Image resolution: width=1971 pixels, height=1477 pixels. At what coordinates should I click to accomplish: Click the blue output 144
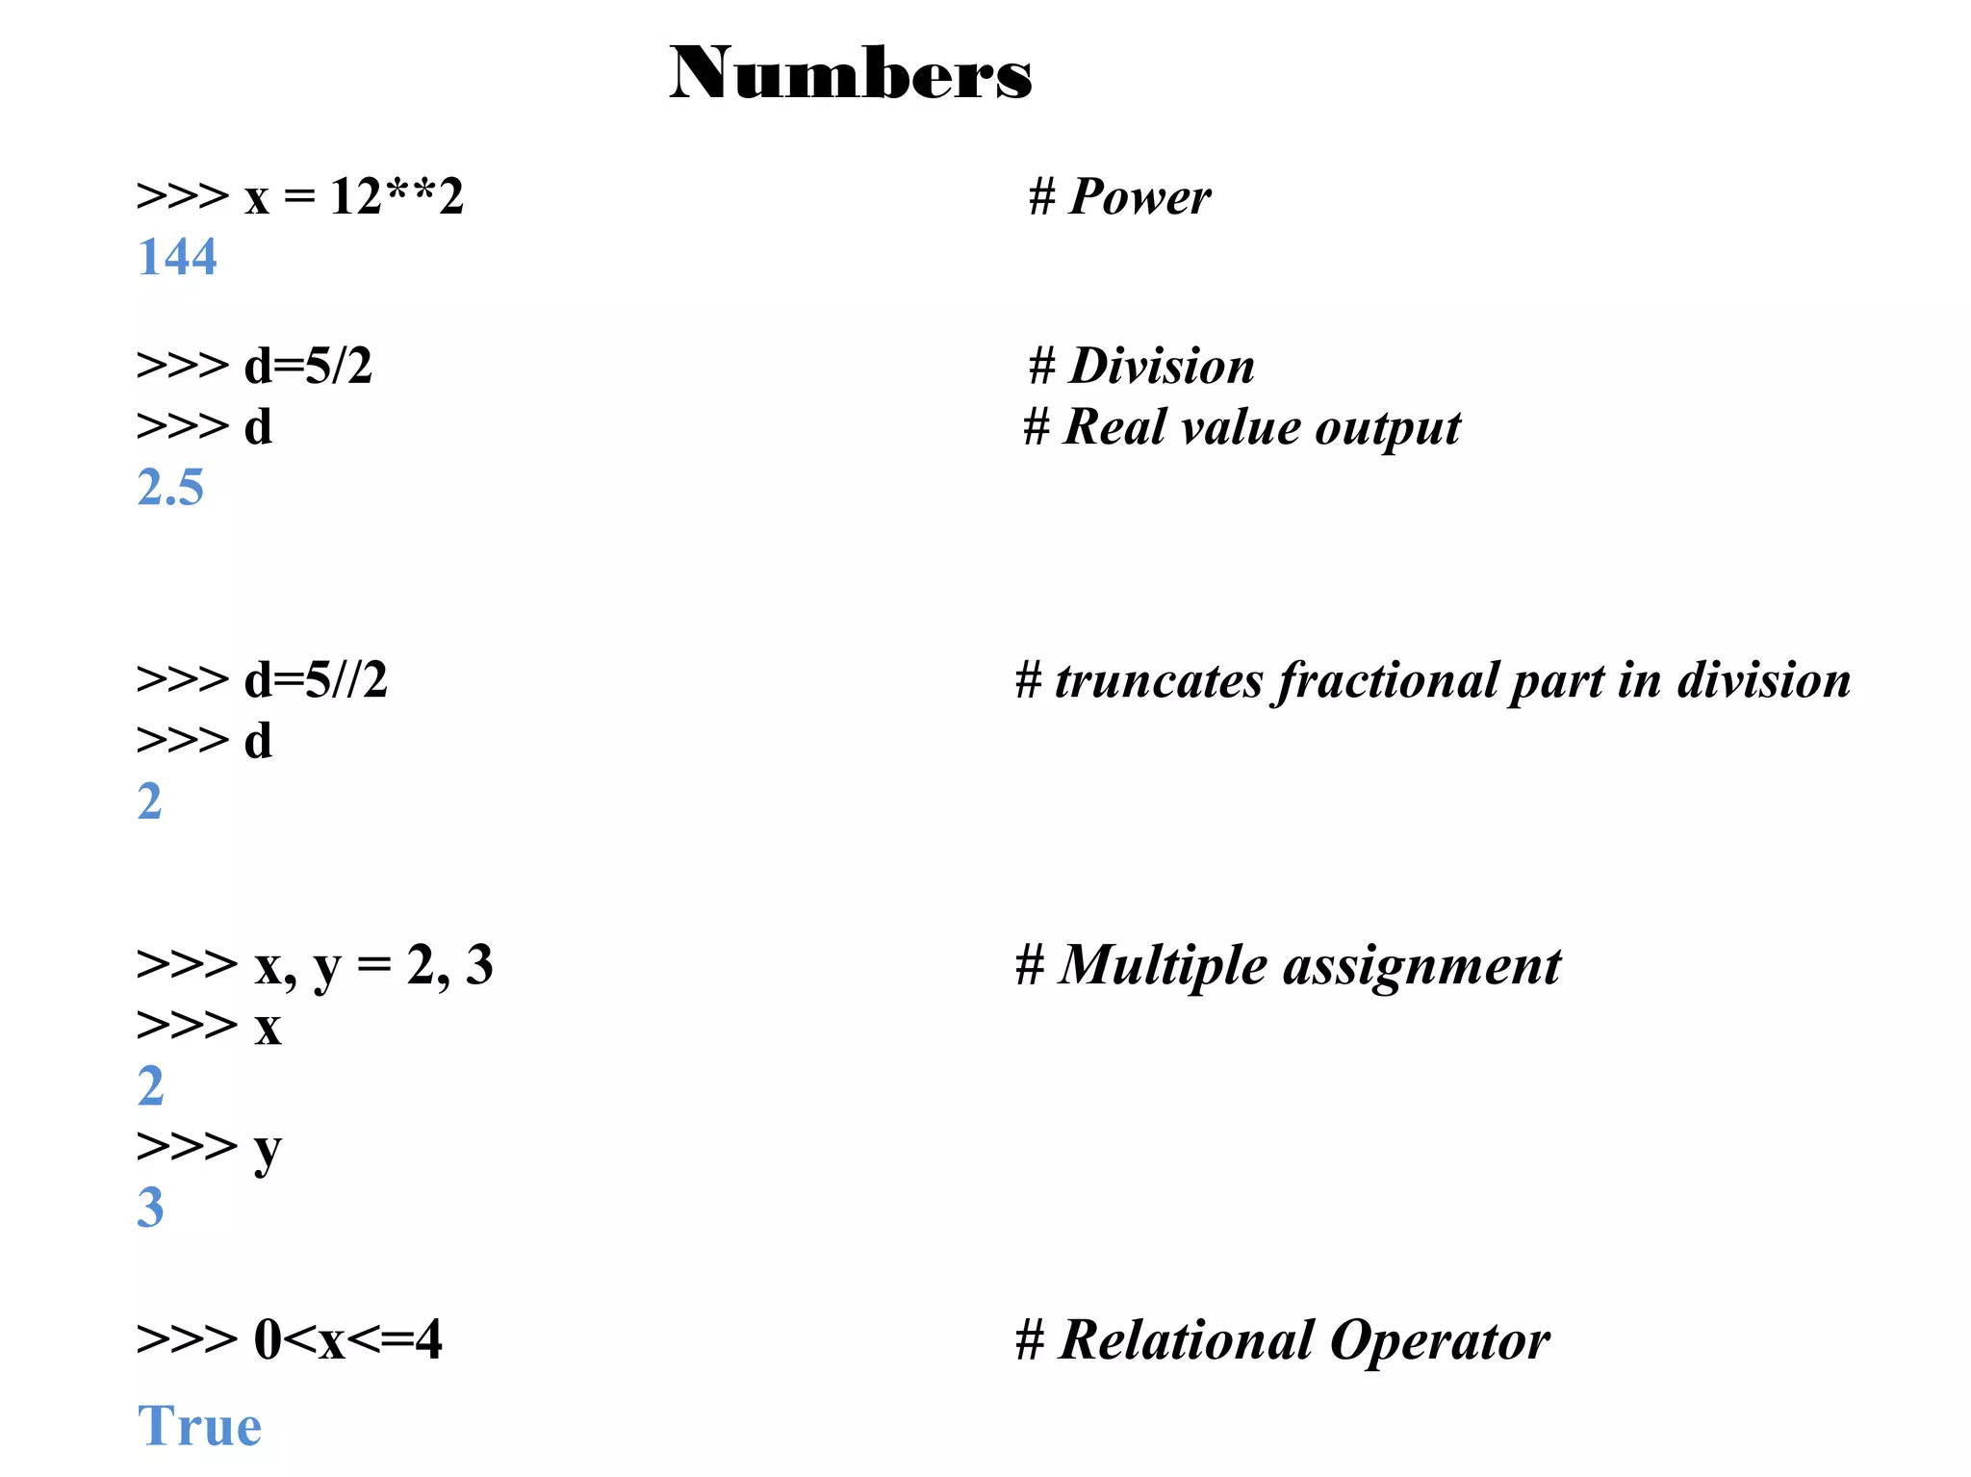click(x=177, y=257)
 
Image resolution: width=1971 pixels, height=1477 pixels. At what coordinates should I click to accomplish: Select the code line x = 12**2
click(x=353, y=196)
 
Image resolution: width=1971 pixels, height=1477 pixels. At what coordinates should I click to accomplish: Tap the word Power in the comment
click(x=1139, y=197)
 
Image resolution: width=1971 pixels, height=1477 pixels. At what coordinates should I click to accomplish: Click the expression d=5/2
click(x=308, y=366)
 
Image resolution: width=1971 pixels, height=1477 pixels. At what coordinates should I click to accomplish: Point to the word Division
click(x=1162, y=367)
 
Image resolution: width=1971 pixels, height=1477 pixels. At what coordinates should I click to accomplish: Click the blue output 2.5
click(x=170, y=487)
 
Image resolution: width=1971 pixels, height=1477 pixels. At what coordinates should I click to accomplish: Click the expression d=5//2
click(x=316, y=680)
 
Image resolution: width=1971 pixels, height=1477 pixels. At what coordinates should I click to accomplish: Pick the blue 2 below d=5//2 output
click(x=149, y=802)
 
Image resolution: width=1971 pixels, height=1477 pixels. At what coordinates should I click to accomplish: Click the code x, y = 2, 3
click(x=373, y=965)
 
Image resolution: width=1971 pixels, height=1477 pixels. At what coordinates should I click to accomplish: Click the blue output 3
click(x=150, y=1208)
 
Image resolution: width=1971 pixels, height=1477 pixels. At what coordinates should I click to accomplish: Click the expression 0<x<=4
click(x=347, y=1339)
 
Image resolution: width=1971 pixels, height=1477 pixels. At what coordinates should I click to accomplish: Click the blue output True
click(x=199, y=1425)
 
